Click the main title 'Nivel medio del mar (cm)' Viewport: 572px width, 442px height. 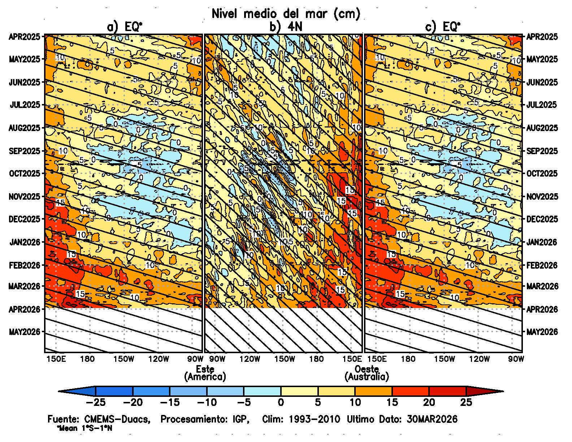pyautogui.click(x=286, y=14)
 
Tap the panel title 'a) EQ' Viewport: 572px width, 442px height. pyautogui.click(x=124, y=27)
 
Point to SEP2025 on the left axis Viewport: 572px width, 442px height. pyautogui.click(x=25, y=151)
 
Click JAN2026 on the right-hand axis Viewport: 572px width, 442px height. pyautogui.click(x=542, y=242)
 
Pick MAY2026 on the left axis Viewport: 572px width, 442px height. pyautogui.click(x=25, y=331)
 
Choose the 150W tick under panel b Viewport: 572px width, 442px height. pyautogui.click(x=285, y=359)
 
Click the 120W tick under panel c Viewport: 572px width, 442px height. pyautogui.click(x=480, y=359)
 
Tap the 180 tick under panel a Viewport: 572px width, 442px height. pyautogui.click(x=87, y=359)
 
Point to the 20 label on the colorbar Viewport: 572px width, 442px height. pyautogui.click(x=429, y=402)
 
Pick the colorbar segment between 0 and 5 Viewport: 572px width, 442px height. pyautogui.click(x=299, y=391)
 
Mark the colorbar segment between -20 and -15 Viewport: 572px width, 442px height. pyautogui.click(x=151, y=391)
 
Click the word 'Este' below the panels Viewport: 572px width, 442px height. pyautogui.click(x=205, y=369)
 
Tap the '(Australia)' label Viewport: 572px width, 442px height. pyautogui.click(x=367, y=377)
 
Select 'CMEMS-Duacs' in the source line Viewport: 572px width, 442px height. pyautogui.click(x=117, y=419)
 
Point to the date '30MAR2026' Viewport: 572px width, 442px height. pyautogui.click(x=432, y=419)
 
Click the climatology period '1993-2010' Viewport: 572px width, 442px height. pyautogui.click(x=314, y=419)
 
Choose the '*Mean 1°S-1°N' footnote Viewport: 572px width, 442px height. pyautogui.click(x=84, y=429)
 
